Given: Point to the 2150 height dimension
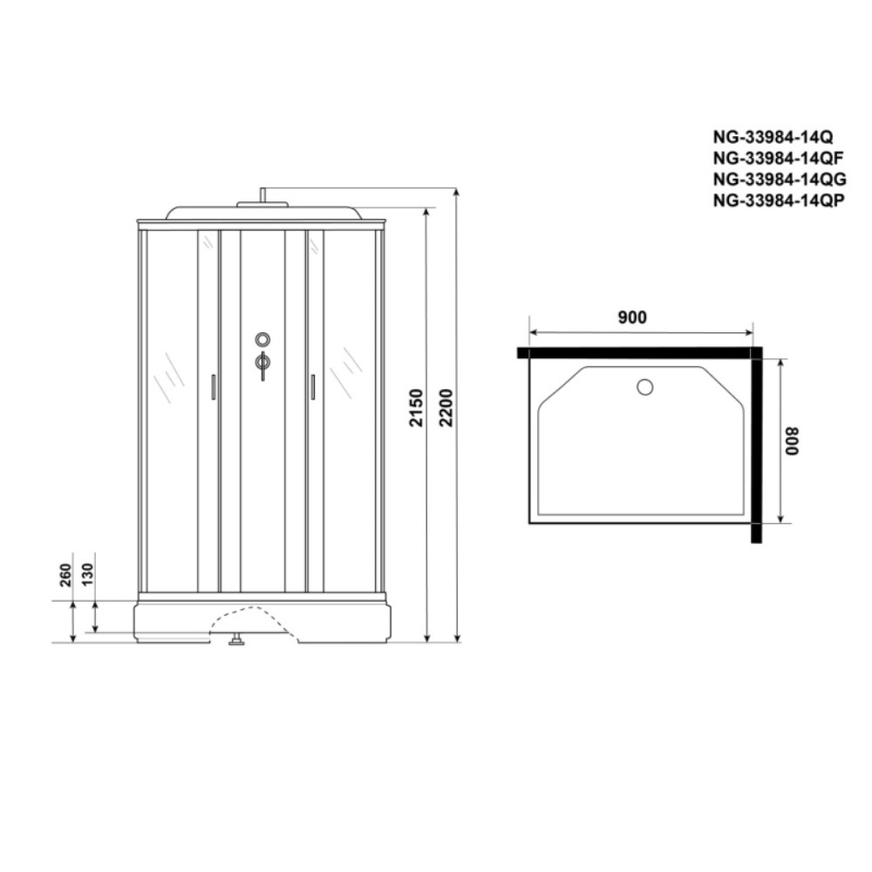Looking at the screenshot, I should coord(416,408).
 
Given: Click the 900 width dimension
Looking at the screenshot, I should coord(632,317).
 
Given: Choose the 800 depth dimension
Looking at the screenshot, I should coord(791,443).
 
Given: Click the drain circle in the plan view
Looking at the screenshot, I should coord(645,386).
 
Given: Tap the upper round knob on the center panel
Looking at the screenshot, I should coord(262,338).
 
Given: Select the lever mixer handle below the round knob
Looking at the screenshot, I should coord(262,364).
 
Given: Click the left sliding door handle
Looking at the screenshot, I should coord(214,386).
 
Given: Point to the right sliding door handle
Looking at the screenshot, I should coord(312,386).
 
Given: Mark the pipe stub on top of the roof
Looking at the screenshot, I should coord(262,195).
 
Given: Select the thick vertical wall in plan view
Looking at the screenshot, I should coord(756,445).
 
